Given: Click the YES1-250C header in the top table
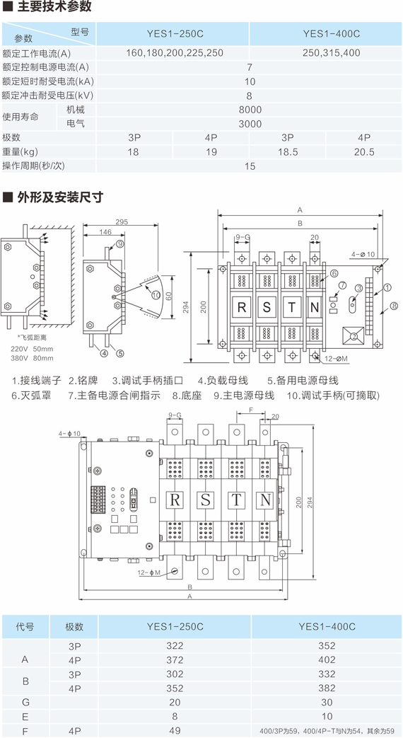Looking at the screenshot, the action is (173, 34).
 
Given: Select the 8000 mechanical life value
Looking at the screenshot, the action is (250, 110).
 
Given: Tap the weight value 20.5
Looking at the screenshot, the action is (364, 152).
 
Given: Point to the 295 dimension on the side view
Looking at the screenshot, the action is (121, 223).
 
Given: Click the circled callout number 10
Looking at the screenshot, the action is (156, 294).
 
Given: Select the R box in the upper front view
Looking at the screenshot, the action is (242, 308).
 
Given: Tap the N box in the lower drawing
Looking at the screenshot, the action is (265, 500).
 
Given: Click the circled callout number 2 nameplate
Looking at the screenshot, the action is (353, 336).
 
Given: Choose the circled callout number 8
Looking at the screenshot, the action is (394, 306).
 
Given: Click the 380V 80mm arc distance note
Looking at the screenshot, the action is (32, 357).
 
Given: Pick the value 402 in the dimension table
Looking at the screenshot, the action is (327, 659).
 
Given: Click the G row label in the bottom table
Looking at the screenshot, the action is (26, 702).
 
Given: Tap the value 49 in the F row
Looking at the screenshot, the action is (175, 730).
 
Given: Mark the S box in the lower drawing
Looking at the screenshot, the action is (206, 500).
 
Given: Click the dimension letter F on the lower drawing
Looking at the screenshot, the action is (251, 410).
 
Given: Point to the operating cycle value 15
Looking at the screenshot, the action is (250, 166).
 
